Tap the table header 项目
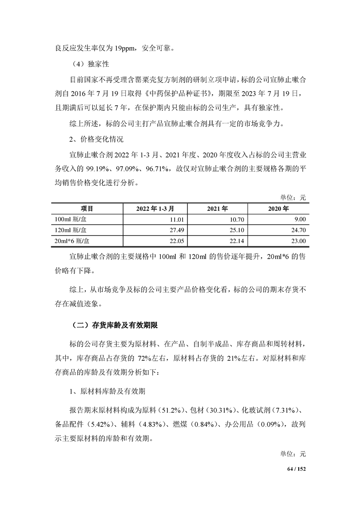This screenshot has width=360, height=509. pyautogui.click(x=87, y=209)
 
